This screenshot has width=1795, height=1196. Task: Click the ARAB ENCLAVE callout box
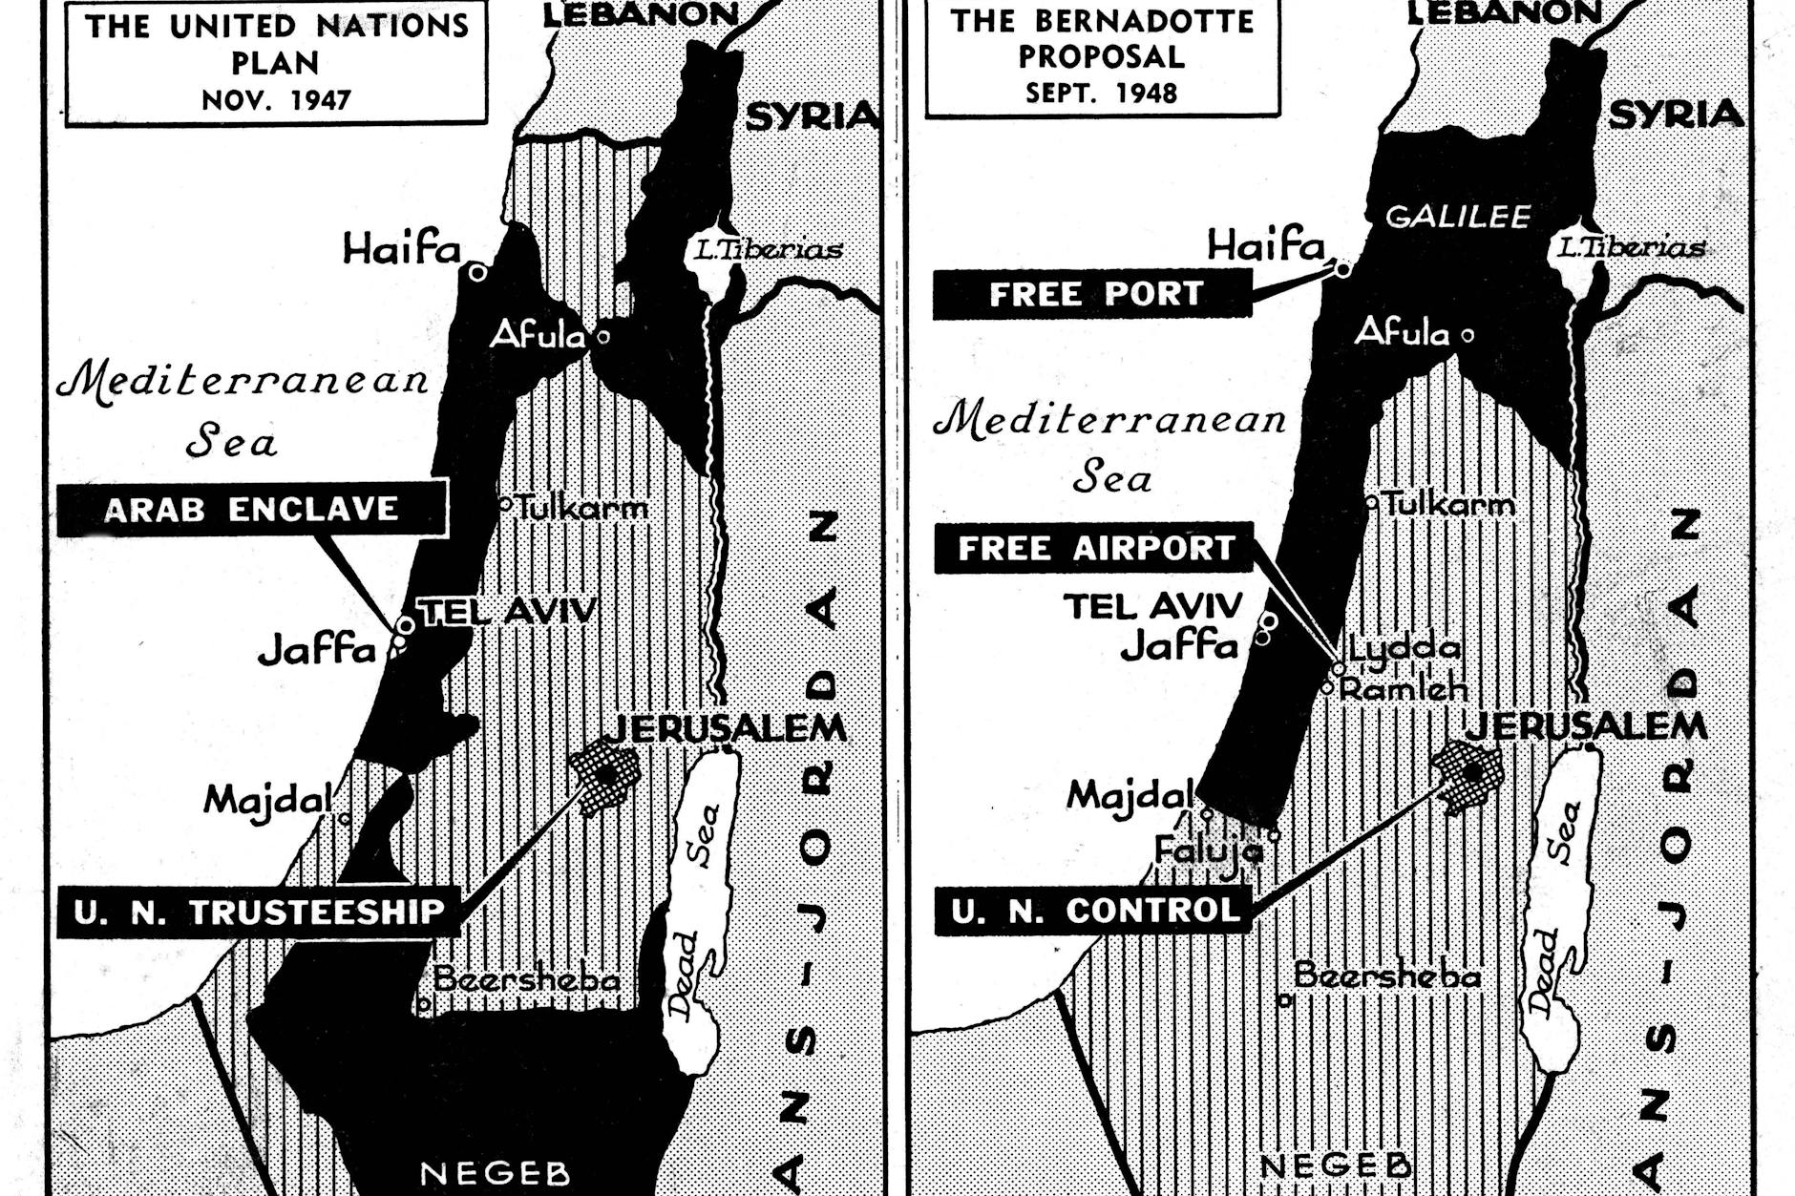point(252,509)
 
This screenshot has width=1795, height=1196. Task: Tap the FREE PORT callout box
point(1093,294)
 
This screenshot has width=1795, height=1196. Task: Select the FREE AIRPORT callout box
point(1094,548)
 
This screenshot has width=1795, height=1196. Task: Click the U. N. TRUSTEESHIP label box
point(259,912)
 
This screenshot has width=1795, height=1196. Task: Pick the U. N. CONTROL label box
point(1094,910)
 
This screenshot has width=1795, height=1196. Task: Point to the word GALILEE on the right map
point(1458,217)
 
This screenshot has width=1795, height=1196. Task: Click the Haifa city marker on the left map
point(478,273)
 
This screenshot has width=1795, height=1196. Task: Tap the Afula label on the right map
point(1402,332)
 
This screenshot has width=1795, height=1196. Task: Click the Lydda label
point(1404,648)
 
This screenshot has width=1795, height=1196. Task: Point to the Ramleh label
point(1404,688)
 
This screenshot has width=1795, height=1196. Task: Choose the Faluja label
point(1208,849)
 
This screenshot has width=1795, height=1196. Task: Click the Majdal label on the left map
point(268,799)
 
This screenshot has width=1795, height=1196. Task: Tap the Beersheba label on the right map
point(1386,976)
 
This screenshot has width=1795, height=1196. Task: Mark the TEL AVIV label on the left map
point(508,611)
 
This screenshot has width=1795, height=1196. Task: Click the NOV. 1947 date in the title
point(276,99)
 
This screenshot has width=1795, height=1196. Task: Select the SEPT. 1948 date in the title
point(1101,93)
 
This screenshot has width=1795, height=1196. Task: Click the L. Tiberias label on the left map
point(768,250)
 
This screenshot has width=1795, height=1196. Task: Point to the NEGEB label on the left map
point(495,1172)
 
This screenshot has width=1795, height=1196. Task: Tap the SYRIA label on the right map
point(1676,115)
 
